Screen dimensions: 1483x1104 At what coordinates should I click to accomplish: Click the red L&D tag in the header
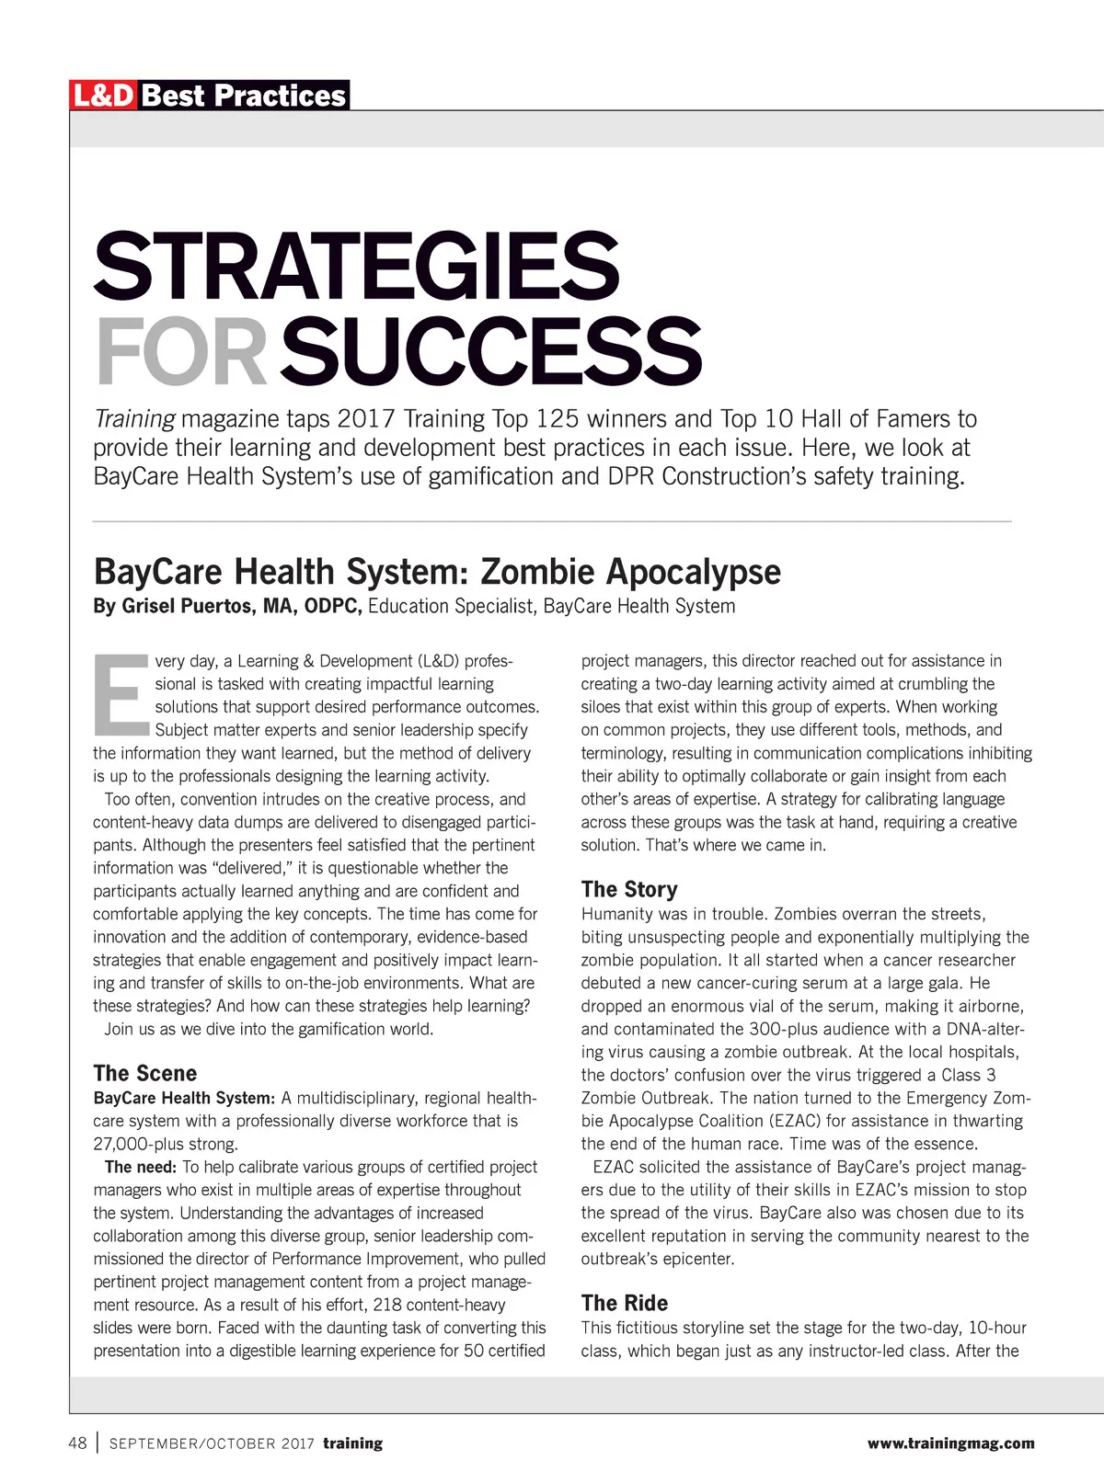tap(104, 96)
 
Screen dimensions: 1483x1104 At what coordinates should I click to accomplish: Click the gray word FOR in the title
tap(181, 351)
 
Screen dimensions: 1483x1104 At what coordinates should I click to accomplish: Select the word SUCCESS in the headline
tap(491, 351)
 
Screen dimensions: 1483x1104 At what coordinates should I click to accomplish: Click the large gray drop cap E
tap(120, 694)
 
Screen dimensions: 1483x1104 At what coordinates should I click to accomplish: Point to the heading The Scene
tap(145, 1073)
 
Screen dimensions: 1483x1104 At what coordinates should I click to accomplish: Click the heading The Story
tap(629, 889)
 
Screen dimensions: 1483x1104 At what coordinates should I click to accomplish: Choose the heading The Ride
tap(625, 1303)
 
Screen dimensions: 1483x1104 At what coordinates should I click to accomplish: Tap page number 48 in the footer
tap(78, 1443)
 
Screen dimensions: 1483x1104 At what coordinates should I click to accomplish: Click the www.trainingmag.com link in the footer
tap(950, 1443)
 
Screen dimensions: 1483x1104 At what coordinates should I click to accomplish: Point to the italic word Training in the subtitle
tap(134, 419)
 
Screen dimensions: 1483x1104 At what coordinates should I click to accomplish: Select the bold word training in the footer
tap(352, 1443)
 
